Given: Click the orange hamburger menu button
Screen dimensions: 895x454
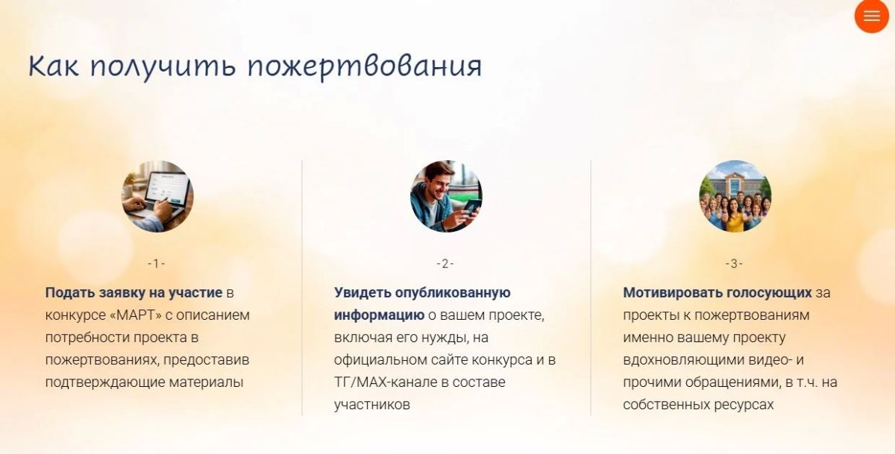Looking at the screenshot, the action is click(x=872, y=16).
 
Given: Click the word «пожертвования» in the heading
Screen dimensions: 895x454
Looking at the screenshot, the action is click(x=365, y=66).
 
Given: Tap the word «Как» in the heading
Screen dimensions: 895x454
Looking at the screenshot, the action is click(x=54, y=66).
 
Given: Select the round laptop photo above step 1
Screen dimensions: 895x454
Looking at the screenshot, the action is click(x=157, y=197).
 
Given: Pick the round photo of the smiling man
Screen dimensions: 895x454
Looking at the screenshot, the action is click(x=446, y=197).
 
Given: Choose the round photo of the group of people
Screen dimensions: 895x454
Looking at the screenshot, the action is click(x=735, y=197).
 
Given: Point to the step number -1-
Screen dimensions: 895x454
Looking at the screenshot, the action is click(x=156, y=264).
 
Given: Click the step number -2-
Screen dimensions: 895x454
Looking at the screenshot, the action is click(x=445, y=264).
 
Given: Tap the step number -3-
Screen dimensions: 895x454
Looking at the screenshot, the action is click(x=734, y=264).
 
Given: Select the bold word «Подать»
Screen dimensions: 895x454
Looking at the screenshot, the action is click(x=70, y=293).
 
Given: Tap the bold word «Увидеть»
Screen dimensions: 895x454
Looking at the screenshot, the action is click(x=362, y=293).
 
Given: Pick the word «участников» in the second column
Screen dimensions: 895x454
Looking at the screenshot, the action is click(x=372, y=405).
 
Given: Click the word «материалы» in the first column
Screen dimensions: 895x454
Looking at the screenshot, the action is click(x=206, y=382).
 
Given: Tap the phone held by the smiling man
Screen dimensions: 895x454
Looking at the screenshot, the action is click(x=472, y=206).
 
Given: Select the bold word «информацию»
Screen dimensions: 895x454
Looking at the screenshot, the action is click(x=379, y=315).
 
